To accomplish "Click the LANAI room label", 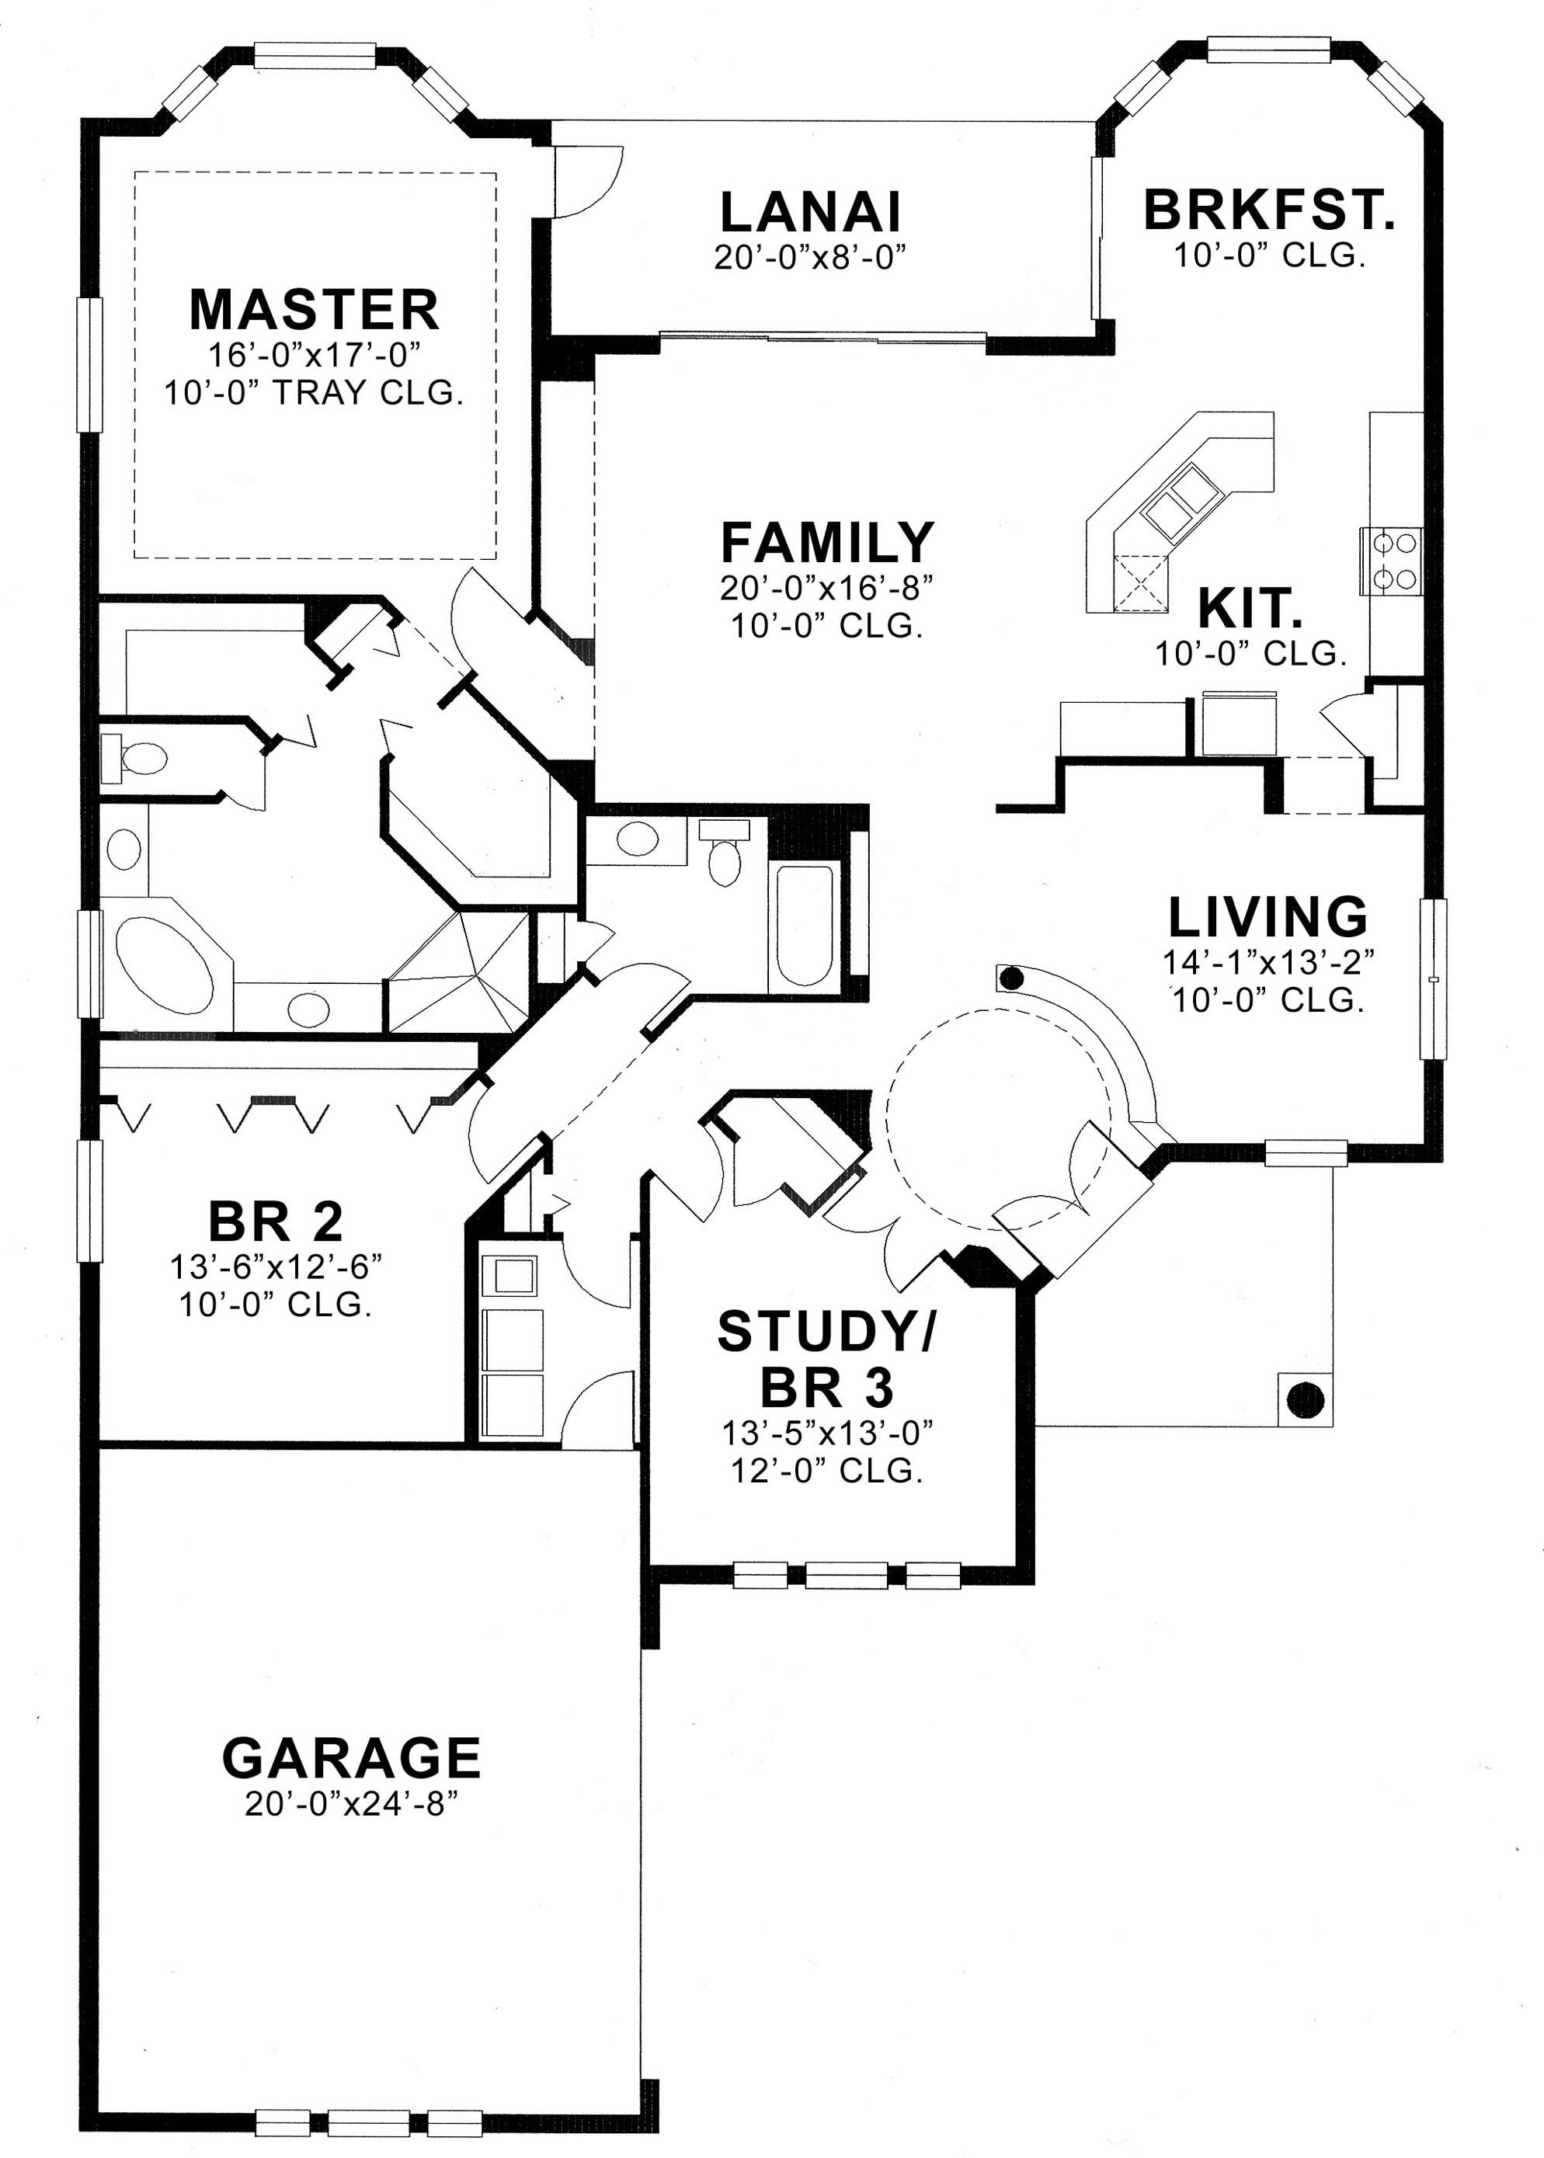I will [x=810, y=212].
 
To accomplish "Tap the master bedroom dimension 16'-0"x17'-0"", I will [x=314, y=355].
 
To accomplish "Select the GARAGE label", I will [x=351, y=1758].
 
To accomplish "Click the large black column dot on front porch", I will [x=1305, y=1398].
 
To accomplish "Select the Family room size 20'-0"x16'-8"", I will [x=826, y=589].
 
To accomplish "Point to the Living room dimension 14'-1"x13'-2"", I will [x=1269, y=963].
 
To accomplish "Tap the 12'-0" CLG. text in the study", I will [x=826, y=1471].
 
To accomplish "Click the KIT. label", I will [x=1250, y=610].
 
